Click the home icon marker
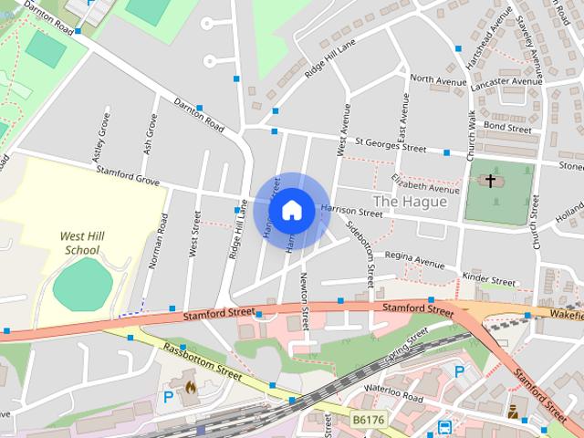tap(291, 209)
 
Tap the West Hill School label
tap(80, 243)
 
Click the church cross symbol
tap(490, 181)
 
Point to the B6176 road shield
tap(367, 420)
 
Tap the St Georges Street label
tap(391, 144)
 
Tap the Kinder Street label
tap(489, 279)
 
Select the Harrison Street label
tap(350, 211)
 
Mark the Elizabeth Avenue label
tap(425, 182)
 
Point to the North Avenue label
tap(438, 79)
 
